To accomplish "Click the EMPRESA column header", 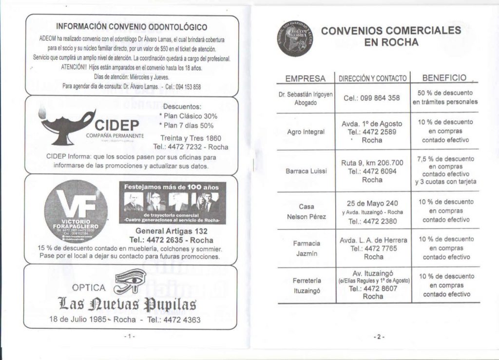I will coord(306,78).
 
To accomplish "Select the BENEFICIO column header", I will coord(444,77).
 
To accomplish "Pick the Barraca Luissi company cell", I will coord(306,171).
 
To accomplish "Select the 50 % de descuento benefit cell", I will coord(445,97).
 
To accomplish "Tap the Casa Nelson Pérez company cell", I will coord(306,211).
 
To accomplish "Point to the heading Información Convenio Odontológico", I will coord(132,27).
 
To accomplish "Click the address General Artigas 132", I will coord(172,231).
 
